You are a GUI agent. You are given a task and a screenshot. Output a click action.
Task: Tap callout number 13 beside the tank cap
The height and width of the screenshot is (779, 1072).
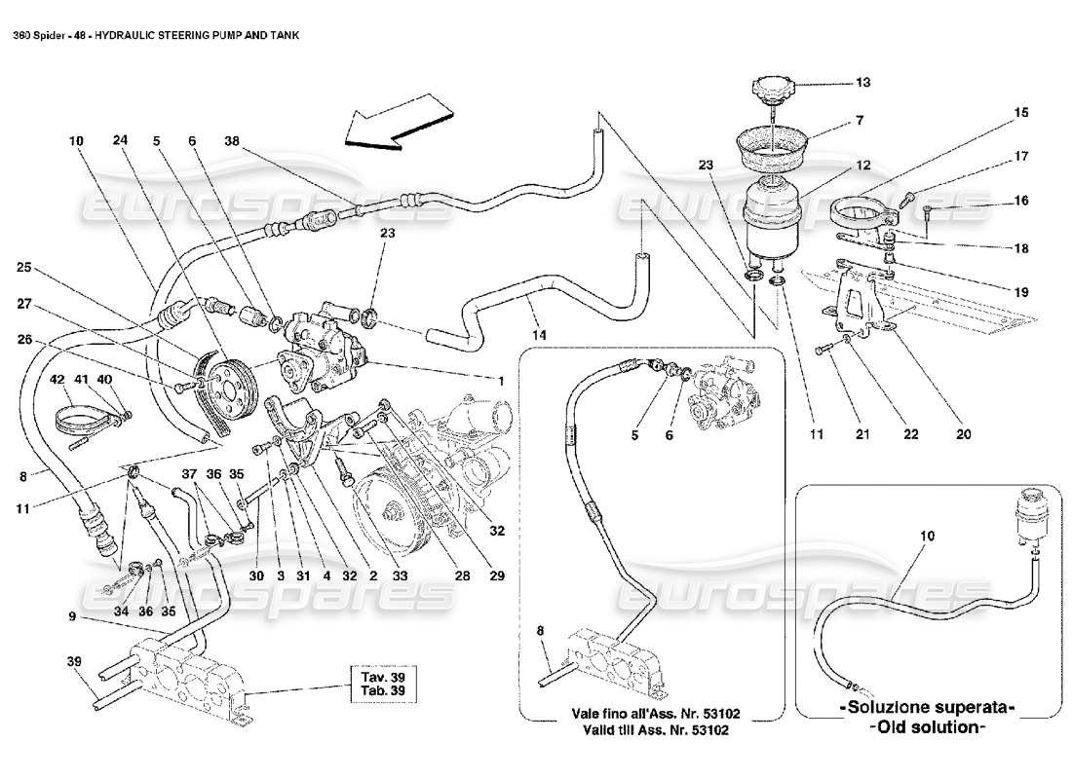coord(863,83)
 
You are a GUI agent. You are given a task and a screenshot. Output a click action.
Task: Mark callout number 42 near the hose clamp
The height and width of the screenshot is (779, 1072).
coord(57,379)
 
